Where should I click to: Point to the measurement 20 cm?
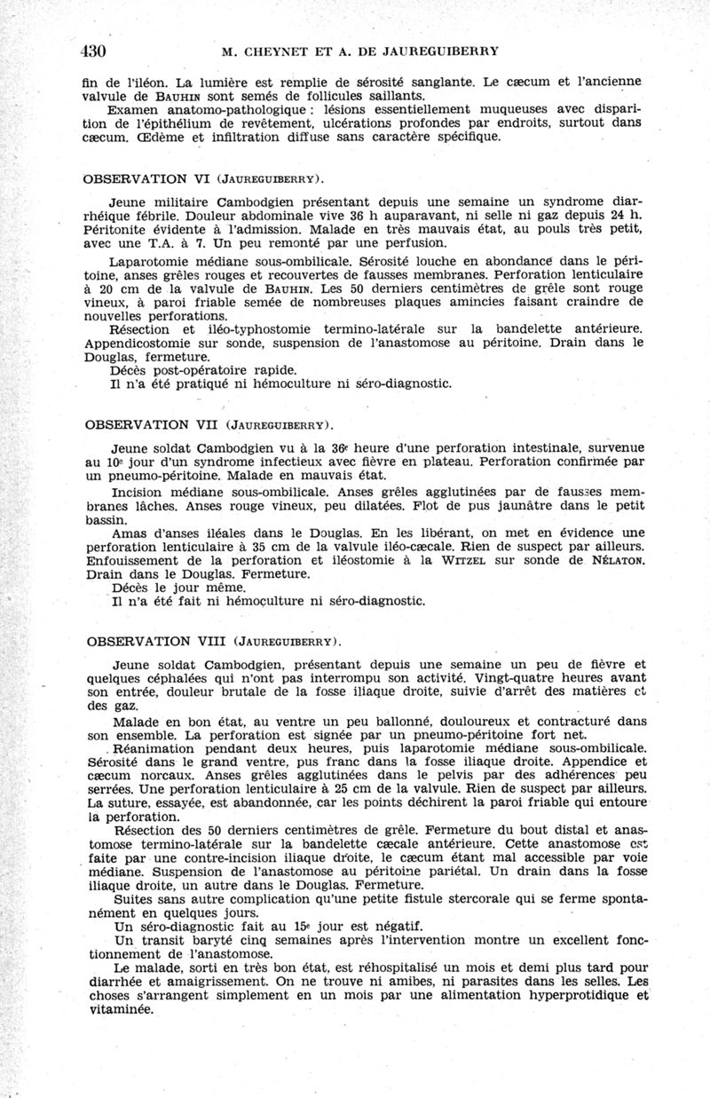point(114,288)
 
